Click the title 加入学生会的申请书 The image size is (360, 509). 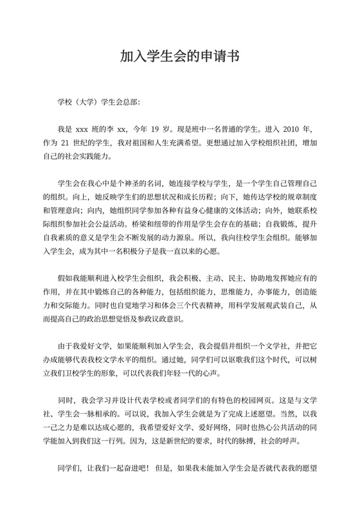(x=180, y=56)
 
